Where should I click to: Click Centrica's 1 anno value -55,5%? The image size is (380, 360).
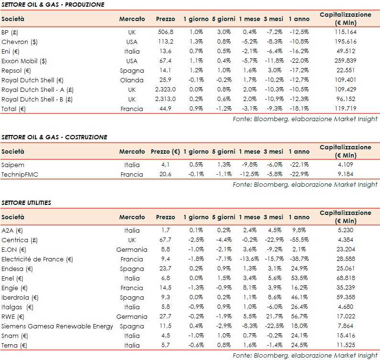pyautogui.click(x=299, y=240)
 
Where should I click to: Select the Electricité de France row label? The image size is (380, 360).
pyautogui.click(x=37, y=259)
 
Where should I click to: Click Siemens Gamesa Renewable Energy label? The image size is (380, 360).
pyautogui.click(x=57, y=326)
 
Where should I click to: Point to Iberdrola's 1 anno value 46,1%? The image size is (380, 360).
pyautogui.click(x=299, y=298)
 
